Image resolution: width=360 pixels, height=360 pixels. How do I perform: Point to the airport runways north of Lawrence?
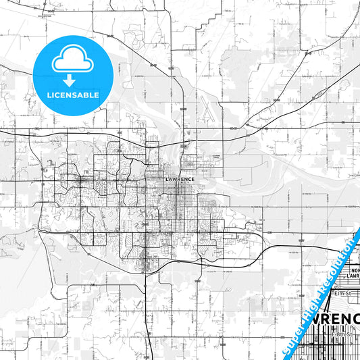coord(203,108)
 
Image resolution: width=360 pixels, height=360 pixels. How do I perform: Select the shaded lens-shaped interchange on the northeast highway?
coord(251,123)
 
